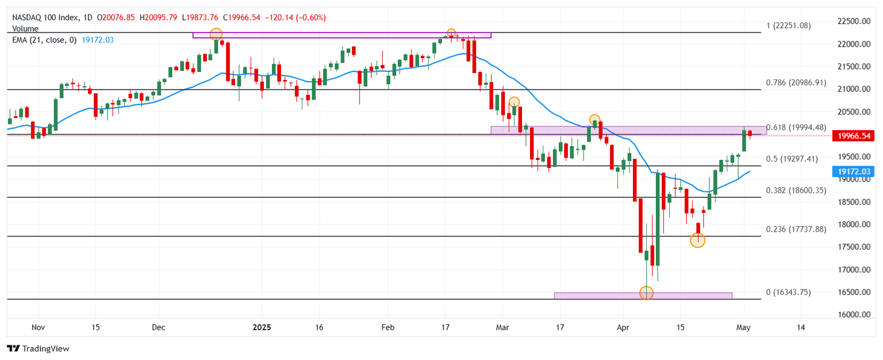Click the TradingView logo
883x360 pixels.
pos(38,348)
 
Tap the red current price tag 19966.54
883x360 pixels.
pos(854,136)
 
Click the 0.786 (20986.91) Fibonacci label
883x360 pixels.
pos(796,82)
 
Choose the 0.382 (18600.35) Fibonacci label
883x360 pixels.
pos(796,190)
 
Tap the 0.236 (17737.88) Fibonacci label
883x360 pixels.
pos(796,229)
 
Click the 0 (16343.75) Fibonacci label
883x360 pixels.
pos(788,292)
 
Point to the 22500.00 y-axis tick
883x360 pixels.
pos(854,21)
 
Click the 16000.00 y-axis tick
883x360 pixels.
pos(854,315)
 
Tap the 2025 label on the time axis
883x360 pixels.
pos(262,327)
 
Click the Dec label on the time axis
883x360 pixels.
pos(159,327)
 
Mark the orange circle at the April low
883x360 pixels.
pos(646,293)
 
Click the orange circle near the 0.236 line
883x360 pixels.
pos(697,240)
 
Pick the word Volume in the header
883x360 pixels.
pos(25,28)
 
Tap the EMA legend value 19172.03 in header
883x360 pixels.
pos(97,39)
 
